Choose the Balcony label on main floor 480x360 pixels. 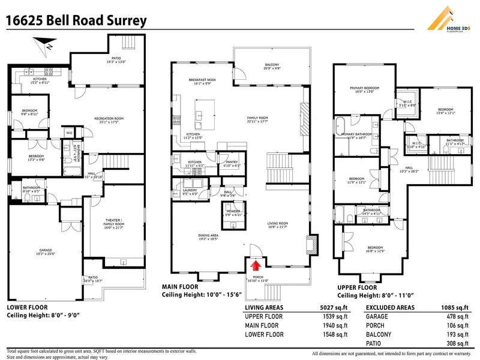(x=272, y=66)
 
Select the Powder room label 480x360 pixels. (x=234, y=211)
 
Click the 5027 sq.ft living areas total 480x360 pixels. (x=334, y=308)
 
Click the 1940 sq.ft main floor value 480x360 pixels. (x=334, y=326)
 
